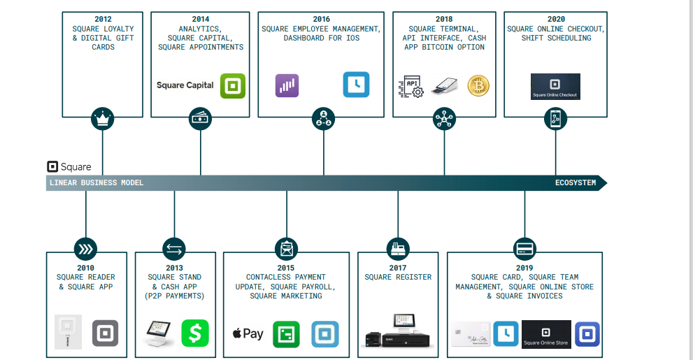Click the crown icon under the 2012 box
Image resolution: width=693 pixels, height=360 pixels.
pyautogui.click(x=103, y=119)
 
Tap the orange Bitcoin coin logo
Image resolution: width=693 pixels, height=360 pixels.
pyautogui.click(x=478, y=86)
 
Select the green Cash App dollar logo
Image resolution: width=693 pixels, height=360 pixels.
pyautogui.click(x=195, y=333)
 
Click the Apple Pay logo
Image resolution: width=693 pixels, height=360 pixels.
pyautogui.click(x=248, y=333)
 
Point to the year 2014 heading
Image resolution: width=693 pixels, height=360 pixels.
pyautogui.click(x=201, y=20)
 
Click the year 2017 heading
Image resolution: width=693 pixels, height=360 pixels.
pyautogui.click(x=398, y=268)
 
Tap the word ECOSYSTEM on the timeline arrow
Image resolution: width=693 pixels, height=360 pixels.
pyautogui.click(x=576, y=183)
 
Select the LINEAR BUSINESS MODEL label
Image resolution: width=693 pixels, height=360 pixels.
pyautogui.click(x=97, y=183)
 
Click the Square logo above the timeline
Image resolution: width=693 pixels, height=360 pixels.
pyautogui.click(x=69, y=167)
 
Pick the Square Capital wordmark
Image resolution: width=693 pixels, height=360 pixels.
pyautogui.click(x=185, y=85)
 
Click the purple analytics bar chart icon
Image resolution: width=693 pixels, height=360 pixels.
pyautogui.click(x=287, y=85)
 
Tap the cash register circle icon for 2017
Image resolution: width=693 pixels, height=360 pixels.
pyautogui.click(x=398, y=248)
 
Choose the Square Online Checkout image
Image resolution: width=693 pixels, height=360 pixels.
pyautogui.click(x=555, y=87)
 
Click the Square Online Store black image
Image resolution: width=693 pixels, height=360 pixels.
pyautogui.click(x=546, y=334)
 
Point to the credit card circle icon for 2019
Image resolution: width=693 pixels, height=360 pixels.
pyautogui.click(x=524, y=248)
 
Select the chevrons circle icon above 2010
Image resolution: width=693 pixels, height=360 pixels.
pyautogui.click(x=86, y=248)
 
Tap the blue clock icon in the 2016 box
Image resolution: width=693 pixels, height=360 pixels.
pyautogui.click(x=356, y=85)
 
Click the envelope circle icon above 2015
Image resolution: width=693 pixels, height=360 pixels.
pyautogui.click(x=286, y=248)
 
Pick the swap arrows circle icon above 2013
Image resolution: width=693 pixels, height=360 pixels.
pyautogui.click(x=174, y=248)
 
